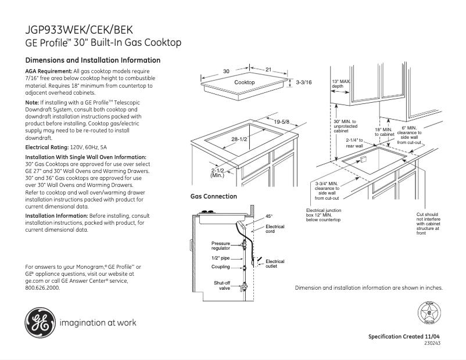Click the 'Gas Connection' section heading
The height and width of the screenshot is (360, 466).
click(x=214, y=197)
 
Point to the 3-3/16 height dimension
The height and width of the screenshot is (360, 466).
click(x=304, y=83)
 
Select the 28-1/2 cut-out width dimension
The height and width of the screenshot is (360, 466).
click(x=239, y=139)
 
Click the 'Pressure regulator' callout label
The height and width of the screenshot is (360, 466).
click(x=221, y=246)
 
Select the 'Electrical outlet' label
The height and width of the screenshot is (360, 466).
click(x=275, y=264)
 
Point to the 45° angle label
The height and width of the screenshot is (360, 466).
click(x=269, y=217)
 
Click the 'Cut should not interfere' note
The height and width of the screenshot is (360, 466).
click(x=428, y=224)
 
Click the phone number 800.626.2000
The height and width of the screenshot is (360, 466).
click(x=42, y=287)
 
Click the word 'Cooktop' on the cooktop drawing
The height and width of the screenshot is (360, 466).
click(x=245, y=83)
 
